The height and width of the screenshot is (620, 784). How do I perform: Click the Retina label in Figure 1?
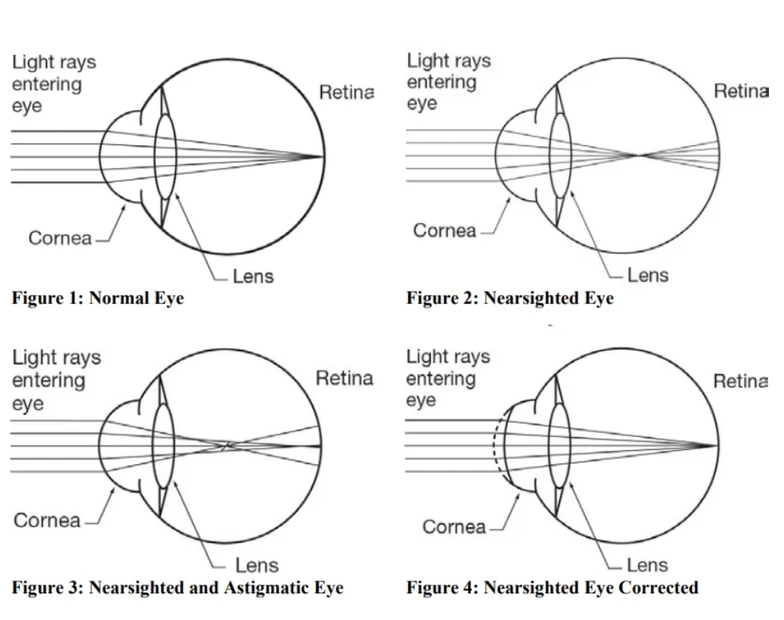(x=346, y=93)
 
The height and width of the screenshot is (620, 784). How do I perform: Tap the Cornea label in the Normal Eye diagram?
(x=60, y=237)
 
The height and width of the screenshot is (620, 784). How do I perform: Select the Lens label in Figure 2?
(x=648, y=275)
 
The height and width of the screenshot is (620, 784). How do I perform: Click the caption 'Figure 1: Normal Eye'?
(x=98, y=299)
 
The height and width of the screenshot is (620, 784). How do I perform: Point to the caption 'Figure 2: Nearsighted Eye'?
(x=510, y=299)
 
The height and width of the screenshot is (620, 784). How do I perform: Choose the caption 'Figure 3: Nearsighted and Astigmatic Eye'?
(x=178, y=588)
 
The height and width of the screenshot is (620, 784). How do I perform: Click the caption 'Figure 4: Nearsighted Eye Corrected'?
(x=552, y=588)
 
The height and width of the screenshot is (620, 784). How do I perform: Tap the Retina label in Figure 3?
(x=344, y=379)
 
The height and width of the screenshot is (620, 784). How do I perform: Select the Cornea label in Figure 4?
(x=455, y=526)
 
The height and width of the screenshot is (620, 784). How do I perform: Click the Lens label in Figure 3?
(x=257, y=565)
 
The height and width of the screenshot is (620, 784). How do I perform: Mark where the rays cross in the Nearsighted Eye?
(x=640, y=155)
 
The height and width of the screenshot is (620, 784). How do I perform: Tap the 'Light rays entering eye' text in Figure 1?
(x=53, y=83)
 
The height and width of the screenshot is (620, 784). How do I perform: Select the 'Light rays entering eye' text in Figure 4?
(x=447, y=379)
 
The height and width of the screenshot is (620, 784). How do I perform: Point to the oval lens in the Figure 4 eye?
(x=560, y=445)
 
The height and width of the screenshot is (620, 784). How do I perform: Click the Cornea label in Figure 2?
(x=444, y=230)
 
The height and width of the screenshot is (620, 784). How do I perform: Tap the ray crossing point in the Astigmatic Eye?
(x=226, y=446)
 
